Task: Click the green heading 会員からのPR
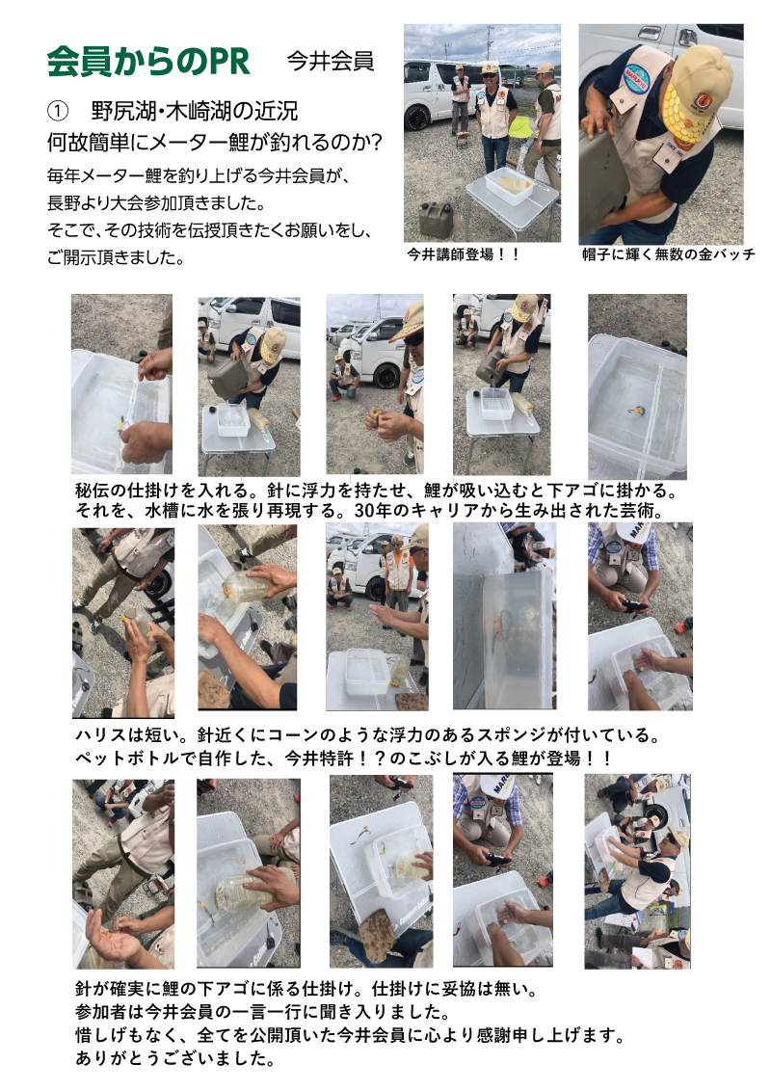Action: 148,62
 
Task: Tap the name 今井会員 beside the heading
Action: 331,62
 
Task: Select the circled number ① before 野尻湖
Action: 58,111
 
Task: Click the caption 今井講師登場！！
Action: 464,254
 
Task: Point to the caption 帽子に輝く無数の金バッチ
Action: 668,254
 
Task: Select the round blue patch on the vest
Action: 637,79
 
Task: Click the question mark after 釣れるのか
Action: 375,143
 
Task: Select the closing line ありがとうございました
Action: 174,1058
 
